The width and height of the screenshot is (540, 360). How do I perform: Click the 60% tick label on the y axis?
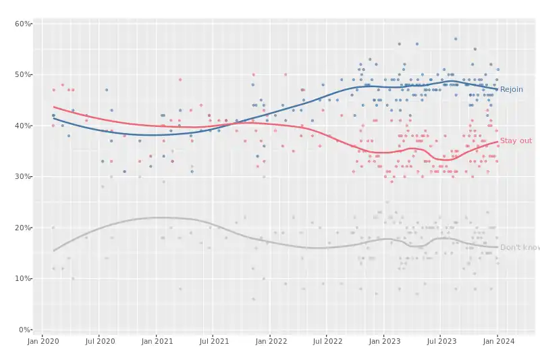(x=23, y=24)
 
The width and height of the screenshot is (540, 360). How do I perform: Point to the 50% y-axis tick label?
(x=23, y=74)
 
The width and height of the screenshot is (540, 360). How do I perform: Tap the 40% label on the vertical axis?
(x=23, y=126)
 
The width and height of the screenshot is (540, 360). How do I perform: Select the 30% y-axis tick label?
(x=23, y=176)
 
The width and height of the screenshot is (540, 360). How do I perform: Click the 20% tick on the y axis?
(x=23, y=228)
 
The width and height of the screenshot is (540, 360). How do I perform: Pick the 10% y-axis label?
(x=23, y=278)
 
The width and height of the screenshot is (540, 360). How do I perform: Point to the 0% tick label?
(x=25, y=330)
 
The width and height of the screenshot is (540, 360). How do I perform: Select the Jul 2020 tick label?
(x=99, y=342)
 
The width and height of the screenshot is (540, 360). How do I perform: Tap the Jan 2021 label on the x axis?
(x=157, y=342)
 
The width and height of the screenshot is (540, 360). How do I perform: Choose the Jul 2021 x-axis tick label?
(x=213, y=342)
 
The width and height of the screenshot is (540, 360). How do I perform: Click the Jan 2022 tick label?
(x=270, y=342)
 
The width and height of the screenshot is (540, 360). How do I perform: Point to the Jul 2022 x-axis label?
(x=326, y=342)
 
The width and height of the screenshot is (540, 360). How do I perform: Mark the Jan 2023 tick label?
(x=383, y=342)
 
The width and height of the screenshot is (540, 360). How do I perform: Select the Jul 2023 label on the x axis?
(x=440, y=342)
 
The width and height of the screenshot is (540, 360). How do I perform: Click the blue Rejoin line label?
(x=511, y=89)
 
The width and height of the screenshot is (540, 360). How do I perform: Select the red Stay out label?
(x=516, y=140)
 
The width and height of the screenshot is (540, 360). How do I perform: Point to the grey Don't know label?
(x=519, y=248)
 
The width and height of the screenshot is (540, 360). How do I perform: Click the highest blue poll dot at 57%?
(x=456, y=39)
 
